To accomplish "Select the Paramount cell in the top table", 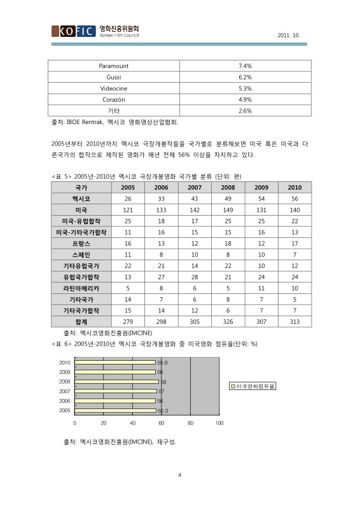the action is click(x=114, y=66).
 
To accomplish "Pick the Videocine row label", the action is click(x=114, y=88).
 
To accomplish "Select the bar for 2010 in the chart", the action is click(x=115, y=362).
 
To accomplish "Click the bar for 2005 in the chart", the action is click(x=115, y=411).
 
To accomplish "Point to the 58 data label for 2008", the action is click(x=163, y=382).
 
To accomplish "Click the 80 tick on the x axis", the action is click(x=191, y=422).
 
